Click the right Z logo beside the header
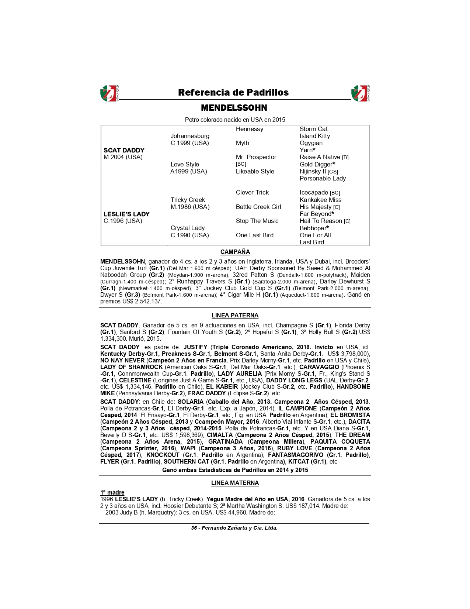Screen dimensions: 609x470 coord(361,93)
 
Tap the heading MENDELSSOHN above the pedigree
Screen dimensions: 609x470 coord(234,108)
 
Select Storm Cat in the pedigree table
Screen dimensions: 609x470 coord(313,129)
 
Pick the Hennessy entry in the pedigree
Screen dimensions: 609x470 coord(250,129)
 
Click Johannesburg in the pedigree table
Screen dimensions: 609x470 coord(190,136)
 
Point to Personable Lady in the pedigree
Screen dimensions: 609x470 coord(323,178)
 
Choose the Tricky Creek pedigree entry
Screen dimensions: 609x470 coord(188,200)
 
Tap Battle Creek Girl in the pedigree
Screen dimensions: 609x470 coord(258,207)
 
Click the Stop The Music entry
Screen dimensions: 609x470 coord(257,221)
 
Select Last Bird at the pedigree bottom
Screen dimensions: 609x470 coord(311,242)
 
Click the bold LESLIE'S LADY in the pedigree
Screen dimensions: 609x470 coord(126,214)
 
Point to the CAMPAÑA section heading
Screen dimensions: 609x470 coord(235,252)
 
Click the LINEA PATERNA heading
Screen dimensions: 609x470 coord(235,315)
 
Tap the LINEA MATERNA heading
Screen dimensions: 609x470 coord(235,483)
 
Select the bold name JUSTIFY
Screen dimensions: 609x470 coord(195,347)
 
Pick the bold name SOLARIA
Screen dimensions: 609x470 coord(191,402)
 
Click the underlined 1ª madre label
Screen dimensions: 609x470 coord(112,492)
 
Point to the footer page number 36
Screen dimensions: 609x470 coord(194,528)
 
